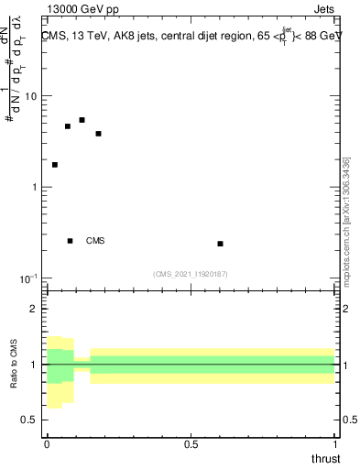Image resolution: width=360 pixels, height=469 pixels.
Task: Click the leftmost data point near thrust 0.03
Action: pos(55,165)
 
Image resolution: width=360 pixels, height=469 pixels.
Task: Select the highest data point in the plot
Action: pos(82,120)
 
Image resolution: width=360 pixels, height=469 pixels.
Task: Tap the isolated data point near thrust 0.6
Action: pos(220,244)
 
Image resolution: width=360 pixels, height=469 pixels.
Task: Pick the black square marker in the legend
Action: pos(70,241)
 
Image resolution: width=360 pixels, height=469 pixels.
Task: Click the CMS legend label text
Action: pos(95,241)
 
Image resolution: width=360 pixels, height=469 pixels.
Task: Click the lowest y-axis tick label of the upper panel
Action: pos(30,278)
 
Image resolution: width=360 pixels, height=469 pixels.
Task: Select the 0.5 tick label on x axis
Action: pos(191,444)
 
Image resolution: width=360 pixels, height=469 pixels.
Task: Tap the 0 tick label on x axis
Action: pos(47,444)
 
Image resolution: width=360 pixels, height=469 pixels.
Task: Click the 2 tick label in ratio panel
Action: pos(36,309)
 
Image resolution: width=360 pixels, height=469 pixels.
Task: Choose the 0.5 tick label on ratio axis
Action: pos(31,420)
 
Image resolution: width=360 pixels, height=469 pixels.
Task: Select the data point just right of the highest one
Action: pos(98,134)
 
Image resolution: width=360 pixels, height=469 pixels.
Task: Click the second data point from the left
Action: pos(68,126)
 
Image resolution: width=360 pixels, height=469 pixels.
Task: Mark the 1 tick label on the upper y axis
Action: pos(36,187)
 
